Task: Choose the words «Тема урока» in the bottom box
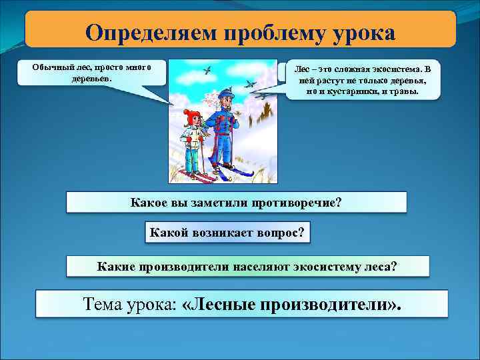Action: [x=128, y=305]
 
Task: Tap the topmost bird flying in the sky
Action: [x=208, y=69]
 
